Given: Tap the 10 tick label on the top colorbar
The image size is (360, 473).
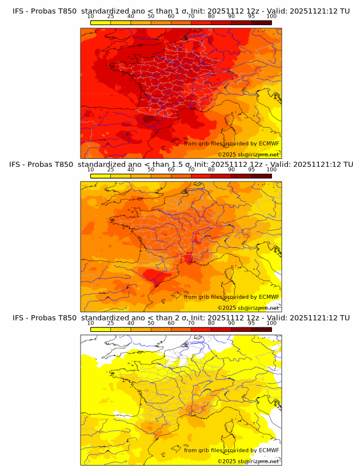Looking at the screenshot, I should pos(91,16).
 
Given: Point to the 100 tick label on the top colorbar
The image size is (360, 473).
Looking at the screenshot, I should pos(271,16).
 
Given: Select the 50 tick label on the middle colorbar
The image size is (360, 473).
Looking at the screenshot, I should pos(151,169).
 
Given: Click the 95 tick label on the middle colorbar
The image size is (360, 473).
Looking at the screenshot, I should pos(251,169).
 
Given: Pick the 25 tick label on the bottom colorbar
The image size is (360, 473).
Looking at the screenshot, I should pos(111,323).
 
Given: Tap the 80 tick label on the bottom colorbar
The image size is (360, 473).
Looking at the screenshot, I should pos(211,323).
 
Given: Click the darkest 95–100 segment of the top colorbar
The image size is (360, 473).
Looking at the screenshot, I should pos(261,22).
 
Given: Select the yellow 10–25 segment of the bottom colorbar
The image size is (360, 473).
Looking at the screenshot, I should pos(101,329).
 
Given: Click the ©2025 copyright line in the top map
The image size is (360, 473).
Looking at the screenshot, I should pos(249,154).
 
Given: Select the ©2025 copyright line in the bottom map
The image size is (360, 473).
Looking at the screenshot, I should pos(249,461).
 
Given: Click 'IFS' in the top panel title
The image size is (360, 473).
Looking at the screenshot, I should pos(19,11).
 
